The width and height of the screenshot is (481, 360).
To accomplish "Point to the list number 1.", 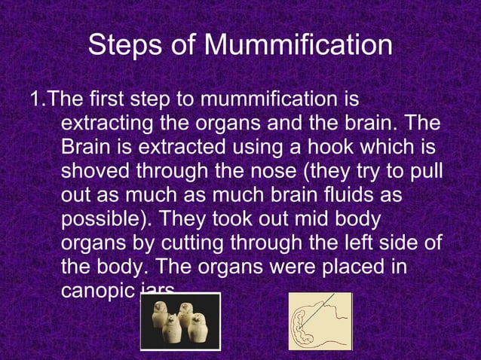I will click(35, 99).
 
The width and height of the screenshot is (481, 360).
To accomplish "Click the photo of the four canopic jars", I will click(180, 322).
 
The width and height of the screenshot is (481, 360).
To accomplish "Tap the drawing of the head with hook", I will click(320, 322).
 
